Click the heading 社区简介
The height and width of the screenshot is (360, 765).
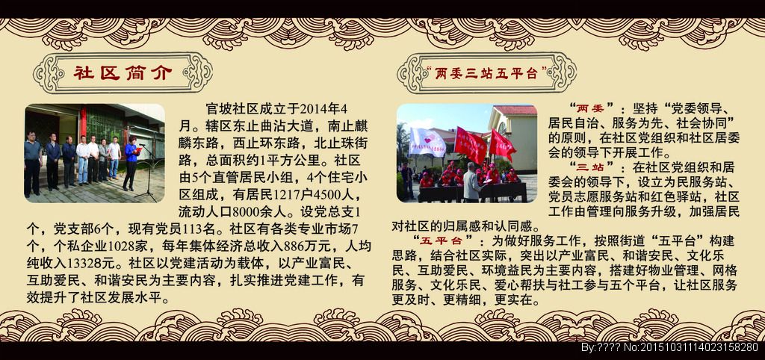(x=123, y=73)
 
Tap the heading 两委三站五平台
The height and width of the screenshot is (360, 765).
(x=486, y=74)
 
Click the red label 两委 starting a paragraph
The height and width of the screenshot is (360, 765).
(x=591, y=108)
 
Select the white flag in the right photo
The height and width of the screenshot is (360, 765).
(x=427, y=140)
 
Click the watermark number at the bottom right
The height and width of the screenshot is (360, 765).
(x=699, y=347)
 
